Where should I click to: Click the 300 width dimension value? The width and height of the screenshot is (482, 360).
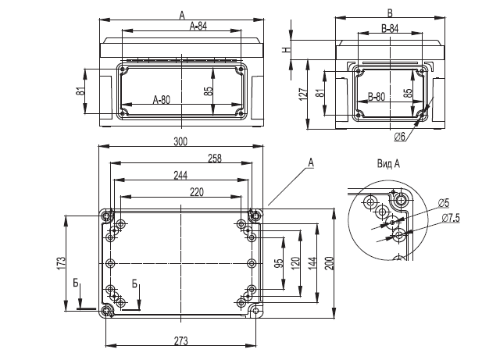(180, 142)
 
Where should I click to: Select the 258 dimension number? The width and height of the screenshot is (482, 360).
(215, 159)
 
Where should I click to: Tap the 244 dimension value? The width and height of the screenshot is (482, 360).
(180, 176)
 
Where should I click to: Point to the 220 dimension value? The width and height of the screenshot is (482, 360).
(197, 192)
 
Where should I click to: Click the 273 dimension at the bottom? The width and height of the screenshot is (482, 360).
(181, 341)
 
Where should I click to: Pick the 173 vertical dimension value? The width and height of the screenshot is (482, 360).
(61, 263)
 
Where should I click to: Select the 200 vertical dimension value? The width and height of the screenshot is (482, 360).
(329, 263)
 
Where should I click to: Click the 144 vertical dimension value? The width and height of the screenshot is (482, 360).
(312, 263)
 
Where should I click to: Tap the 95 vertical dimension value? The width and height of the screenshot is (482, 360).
(279, 263)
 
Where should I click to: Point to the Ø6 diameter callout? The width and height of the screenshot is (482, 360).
(400, 137)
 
